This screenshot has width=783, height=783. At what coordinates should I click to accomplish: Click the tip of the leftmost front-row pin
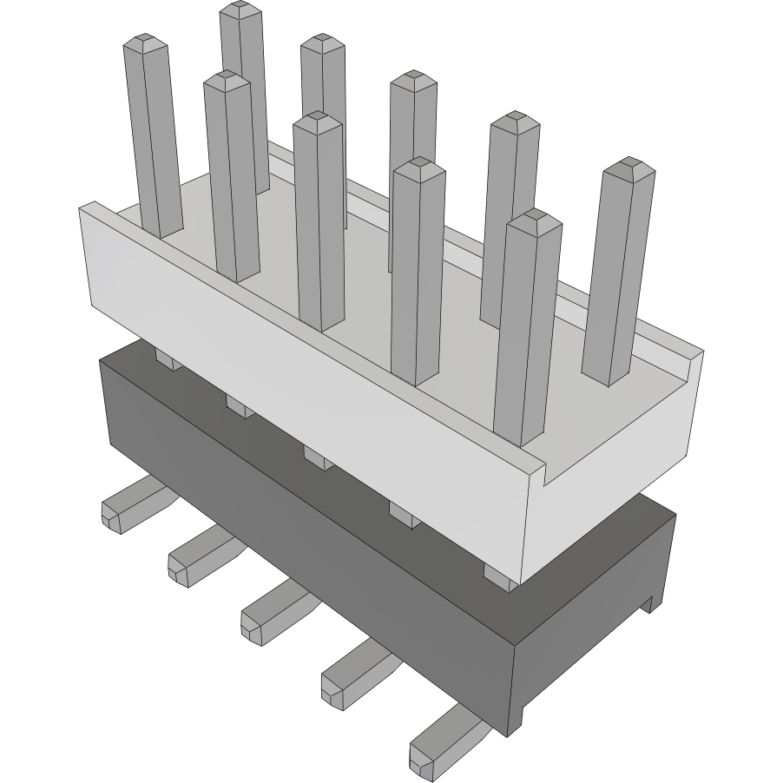pyautogui.click(x=144, y=41)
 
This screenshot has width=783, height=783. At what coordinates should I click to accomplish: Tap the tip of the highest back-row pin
pyautogui.click(x=240, y=9)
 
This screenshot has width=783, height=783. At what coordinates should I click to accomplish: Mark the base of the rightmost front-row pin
pyautogui.click(x=520, y=438)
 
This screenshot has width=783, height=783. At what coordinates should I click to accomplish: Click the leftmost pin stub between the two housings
pyautogui.click(x=168, y=359)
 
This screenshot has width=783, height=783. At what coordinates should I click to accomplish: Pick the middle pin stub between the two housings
pyautogui.click(x=317, y=457)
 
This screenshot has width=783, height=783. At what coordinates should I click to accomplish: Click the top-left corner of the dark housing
pyautogui.click(x=102, y=363)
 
